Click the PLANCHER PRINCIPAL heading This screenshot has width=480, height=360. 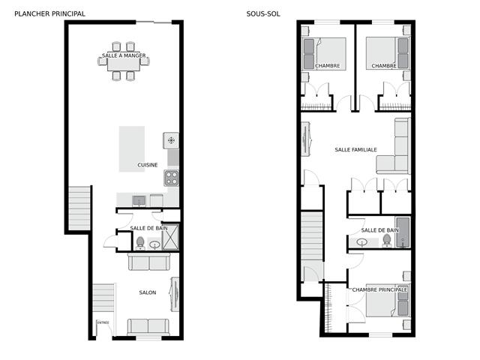(x=49, y=13)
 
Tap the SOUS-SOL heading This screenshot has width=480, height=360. (x=263, y=13)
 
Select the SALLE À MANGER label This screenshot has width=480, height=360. (x=124, y=55)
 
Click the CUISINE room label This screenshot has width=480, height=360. (x=148, y=165)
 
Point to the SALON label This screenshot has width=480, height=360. (x=148, y=292)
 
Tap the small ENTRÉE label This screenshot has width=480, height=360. (x=103, y=322)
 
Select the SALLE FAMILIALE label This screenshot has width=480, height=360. (x=355, y=150)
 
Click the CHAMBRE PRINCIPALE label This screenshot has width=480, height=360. (x=379, y=289)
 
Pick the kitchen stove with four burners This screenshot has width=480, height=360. (x=172, y=178)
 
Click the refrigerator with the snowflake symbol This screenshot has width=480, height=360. (x=171, y=140)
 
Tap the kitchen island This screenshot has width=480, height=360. (x=132, y=148)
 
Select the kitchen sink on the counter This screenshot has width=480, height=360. (x=139, y=201)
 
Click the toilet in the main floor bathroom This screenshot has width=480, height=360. (x=140, y=243)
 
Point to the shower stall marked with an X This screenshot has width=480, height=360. (x=170, y=237)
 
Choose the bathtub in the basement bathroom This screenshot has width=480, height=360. (x=403, y=232)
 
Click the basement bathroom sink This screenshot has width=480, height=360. (x=362, y=243)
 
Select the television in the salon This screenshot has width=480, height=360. (x=175, y=294)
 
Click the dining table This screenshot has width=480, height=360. (x=124, y=64)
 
